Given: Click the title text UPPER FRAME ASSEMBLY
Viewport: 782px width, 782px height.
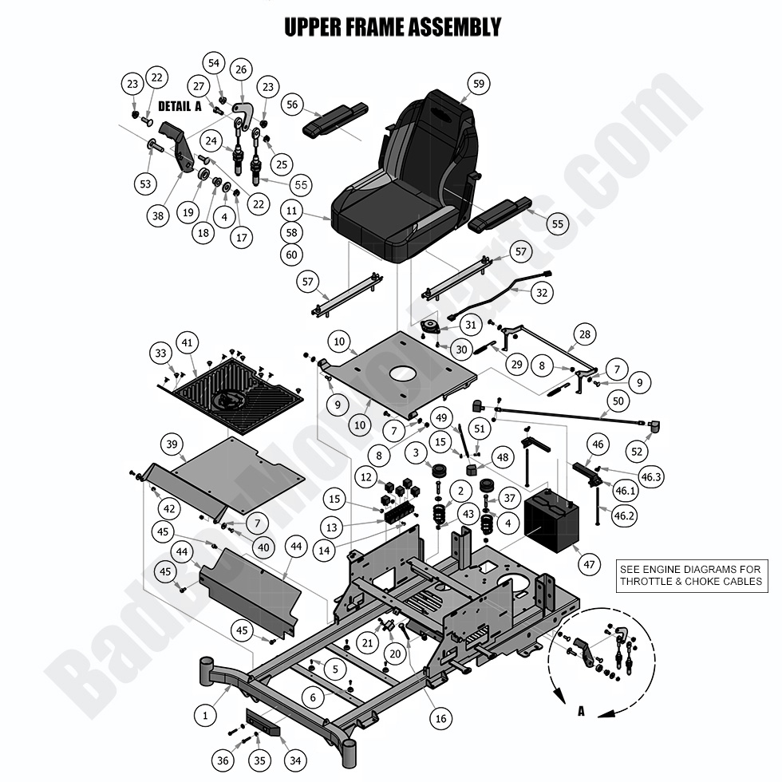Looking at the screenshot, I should pyautogui.click(x=393, y=27).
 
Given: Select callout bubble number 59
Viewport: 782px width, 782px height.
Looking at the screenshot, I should pyautogui.click(x=478, y=83).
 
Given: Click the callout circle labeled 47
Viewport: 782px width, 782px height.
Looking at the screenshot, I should pyautogui.click(x=589, y=565).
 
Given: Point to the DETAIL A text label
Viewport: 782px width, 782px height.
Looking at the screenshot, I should pyautogui.click(x=180, y=106).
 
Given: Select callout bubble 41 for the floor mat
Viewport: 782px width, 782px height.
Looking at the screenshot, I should pyautogui.click(x=188, y=343).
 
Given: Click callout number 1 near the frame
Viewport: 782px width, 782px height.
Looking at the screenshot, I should pyautogui.click(x=205, y=716).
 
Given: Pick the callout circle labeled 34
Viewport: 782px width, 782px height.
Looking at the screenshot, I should pyautogui.click(x=295, y=761).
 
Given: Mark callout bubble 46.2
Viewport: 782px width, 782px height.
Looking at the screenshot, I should pyautogui.click(x=624, y=515).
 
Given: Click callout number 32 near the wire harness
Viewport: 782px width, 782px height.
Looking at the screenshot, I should pyautogui.click(x=542, y=293).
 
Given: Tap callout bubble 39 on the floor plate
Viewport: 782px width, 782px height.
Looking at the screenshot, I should pyautogui.click(x=171, y=444).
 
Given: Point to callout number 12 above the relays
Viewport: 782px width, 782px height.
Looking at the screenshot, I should pyautogui.click(x=366, y=477).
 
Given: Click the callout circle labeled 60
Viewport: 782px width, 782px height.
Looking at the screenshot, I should pyautogui.click(x=292, y=255).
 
